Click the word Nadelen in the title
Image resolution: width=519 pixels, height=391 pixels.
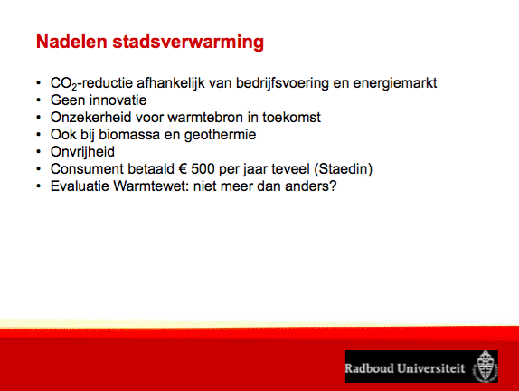[71, 42]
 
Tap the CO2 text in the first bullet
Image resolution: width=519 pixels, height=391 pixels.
[63, 83]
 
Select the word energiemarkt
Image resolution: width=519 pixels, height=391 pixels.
[395, 83]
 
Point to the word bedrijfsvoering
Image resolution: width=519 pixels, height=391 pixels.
[282, 83]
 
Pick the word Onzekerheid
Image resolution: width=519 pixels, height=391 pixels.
[91, 118]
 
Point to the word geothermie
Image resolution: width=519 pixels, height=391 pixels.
[220, 135]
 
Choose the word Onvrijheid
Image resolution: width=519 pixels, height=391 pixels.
[82, 152]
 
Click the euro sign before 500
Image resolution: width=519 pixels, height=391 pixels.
[183, 169]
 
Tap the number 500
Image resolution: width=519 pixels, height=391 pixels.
[203, 169]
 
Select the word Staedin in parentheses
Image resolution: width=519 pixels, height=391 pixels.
[344, 169]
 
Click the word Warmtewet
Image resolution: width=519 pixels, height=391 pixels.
[151, 186]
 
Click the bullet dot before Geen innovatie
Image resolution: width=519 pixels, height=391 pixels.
[39, 100]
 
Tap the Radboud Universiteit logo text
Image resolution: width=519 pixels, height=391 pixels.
[405, 368]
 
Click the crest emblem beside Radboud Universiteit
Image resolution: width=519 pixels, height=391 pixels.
[485, 367]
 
